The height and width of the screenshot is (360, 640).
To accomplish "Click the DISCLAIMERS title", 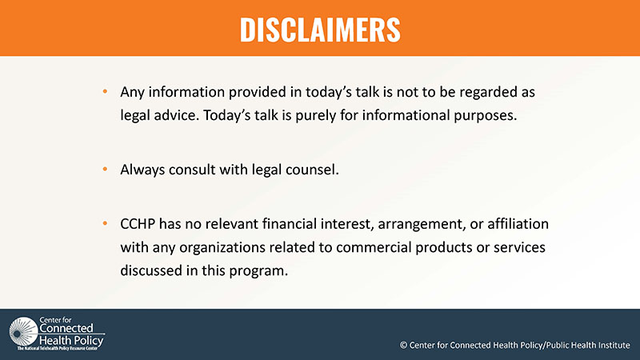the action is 320,30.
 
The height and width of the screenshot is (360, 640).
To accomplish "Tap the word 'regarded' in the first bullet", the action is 487,93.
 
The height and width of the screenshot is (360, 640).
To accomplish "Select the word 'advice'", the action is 176,115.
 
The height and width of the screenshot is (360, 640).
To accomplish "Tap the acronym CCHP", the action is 138,224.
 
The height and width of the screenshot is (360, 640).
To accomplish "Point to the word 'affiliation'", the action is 518,224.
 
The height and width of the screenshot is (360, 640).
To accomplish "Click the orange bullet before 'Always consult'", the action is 106,169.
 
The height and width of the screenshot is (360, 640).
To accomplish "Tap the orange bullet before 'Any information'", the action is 106,91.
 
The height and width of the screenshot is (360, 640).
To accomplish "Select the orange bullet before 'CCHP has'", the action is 106,223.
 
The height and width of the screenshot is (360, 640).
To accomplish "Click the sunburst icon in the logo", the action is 23,332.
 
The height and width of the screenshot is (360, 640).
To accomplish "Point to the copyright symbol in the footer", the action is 403,346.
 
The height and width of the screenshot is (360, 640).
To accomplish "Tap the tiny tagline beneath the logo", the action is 58,349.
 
